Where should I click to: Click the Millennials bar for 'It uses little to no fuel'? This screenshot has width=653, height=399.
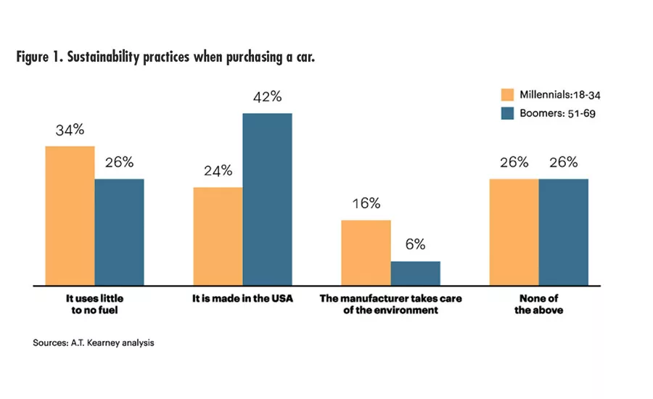pos(70,215)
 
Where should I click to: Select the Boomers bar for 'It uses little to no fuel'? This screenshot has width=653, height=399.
pos(119,231)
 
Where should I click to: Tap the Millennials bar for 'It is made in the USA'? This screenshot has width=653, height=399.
pos(218,236)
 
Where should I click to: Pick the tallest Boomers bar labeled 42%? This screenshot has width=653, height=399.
pos(267,199)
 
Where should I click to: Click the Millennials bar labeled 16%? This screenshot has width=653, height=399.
pos(366,252)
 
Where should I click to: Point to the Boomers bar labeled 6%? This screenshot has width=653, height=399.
pos(415,273)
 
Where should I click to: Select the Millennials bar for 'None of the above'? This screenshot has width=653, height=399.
pos(514,231)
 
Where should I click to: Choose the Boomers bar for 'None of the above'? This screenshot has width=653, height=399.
pos(563,231)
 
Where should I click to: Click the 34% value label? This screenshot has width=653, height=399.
pos(70,131)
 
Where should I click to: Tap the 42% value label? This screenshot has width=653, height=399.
pos(267,97)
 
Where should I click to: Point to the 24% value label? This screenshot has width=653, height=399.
pos(218,171)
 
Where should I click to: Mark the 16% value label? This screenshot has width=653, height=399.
pos(366,204)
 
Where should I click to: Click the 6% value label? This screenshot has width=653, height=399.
pos(415,245)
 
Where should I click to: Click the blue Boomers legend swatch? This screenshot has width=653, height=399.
pos(507,113)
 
